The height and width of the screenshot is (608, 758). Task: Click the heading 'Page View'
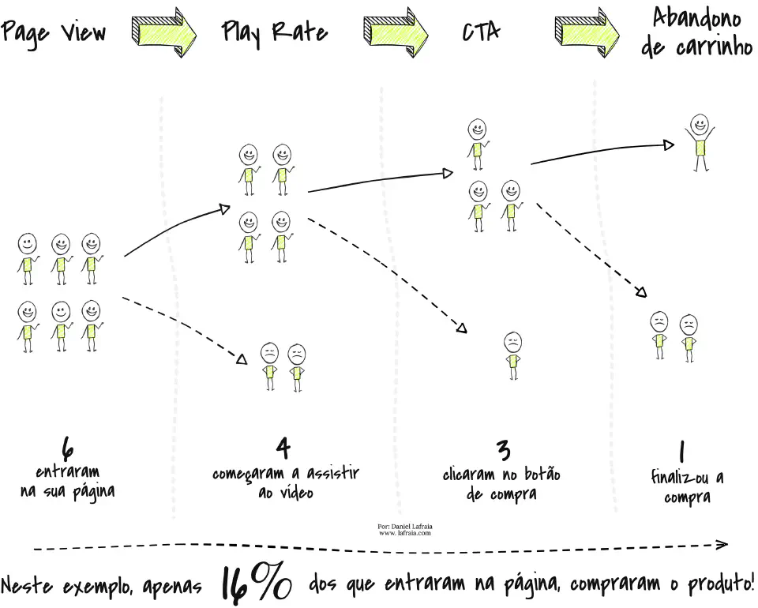tap(53, 33)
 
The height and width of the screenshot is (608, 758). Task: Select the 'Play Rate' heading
tap(274, 32)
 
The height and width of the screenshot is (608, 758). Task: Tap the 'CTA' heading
tap(481, 32)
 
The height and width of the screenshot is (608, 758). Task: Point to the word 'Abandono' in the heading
tap(696, 18)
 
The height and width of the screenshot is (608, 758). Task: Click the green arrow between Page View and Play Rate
tap(164, 32)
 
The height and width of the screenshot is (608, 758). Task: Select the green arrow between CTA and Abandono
tap(587, 32)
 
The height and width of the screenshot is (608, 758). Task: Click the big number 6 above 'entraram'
tap(68, 449)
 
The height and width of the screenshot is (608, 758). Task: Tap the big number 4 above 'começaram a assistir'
tap(283, 448)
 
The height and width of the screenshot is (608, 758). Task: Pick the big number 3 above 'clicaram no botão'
tap(503, 450)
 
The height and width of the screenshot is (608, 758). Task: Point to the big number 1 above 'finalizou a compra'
tap(681, 451)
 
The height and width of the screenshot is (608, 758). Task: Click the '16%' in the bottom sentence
tap(257, 583)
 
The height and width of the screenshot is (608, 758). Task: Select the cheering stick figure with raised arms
tap(700, 143)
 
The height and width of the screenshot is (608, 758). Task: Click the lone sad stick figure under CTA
tap(513, 355)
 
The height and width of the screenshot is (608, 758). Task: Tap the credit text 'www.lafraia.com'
tap(404, 533)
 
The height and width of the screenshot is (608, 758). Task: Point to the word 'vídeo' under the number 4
tap(292, 493)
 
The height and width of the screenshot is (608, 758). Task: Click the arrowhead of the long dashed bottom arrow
tap(722, 545)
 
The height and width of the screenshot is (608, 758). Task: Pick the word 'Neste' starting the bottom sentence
tap(26, 585)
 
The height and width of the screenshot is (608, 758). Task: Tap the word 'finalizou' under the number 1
tap(680, 478)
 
